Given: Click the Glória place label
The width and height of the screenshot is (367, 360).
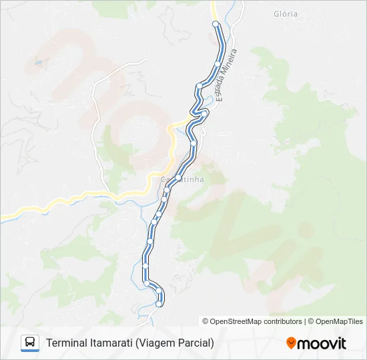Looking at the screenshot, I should tap(286, 14).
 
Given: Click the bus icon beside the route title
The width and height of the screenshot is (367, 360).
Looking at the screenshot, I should tap(30, 343).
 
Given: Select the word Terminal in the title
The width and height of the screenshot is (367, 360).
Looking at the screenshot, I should tap(66, 343).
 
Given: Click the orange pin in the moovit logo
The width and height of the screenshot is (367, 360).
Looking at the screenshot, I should tap(291, 343).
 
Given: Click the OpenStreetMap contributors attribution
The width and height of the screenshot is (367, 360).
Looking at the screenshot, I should tap(252, 321).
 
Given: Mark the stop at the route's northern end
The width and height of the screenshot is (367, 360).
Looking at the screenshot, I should tap(216, 24).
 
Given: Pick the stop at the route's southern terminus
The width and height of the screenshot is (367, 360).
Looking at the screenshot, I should tap(159, 304).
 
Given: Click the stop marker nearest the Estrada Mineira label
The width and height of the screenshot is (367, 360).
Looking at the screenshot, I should tap(218, 63).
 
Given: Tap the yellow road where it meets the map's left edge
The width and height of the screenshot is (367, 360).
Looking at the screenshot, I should tap(3, 217).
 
